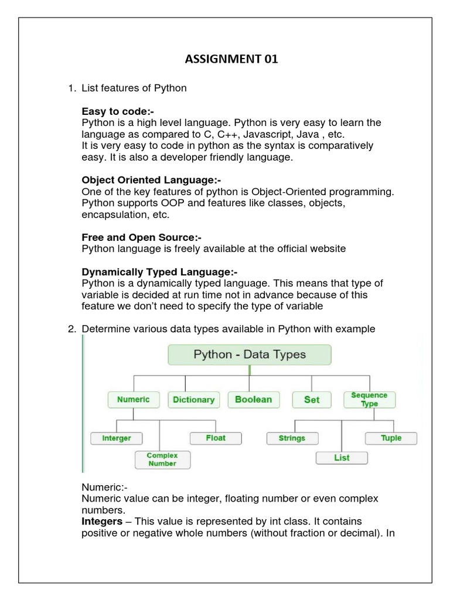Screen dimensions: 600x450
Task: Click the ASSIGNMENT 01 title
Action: [x=226, y=60]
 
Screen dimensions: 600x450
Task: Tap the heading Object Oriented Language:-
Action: [x=152, y=180]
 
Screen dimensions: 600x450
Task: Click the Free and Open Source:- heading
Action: [x=141, y=237]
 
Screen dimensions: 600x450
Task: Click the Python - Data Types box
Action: [x=250, y=354]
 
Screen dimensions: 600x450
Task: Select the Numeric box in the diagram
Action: [x=134, y=400]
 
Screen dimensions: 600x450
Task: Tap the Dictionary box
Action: [x=193, y=400]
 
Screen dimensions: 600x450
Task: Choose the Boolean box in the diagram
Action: [x=253, y=400]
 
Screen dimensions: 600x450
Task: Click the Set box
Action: [x=311, y=400]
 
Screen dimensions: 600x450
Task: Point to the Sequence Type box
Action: [x=369, y=400]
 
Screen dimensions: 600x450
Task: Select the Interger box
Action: [x=117, y=438]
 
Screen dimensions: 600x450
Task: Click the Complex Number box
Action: [x=162, y=459]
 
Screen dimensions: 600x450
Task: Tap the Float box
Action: [x=215, y=438]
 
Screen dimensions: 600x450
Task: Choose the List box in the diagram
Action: [x=342, y=458]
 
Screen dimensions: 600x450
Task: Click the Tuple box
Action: [x=391, y=438]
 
